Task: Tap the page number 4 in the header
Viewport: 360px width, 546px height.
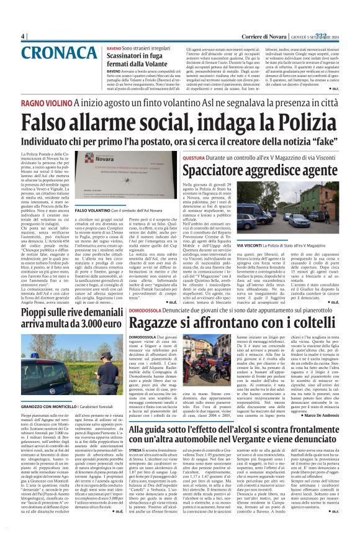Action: pos(23,36)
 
